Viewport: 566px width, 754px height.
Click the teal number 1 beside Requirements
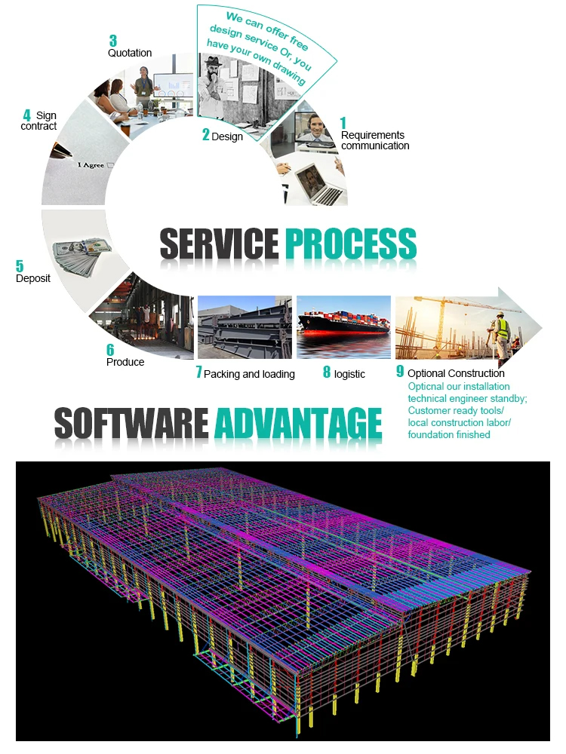[x=343, y=122]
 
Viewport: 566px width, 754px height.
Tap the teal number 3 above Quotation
[x=112, y=41]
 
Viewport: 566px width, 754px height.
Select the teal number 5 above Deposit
[x=20, y=265]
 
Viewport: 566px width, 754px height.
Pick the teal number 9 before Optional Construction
[x=400, y=372]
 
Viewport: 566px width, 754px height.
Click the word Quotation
[x=130, y=53]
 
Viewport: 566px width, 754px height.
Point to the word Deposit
[x=33, y=278]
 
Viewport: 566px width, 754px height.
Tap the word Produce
[x=125, y=362]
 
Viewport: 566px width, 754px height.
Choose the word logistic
[x=349, y=373]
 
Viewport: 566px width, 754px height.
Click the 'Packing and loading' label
[x=249, y=374]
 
